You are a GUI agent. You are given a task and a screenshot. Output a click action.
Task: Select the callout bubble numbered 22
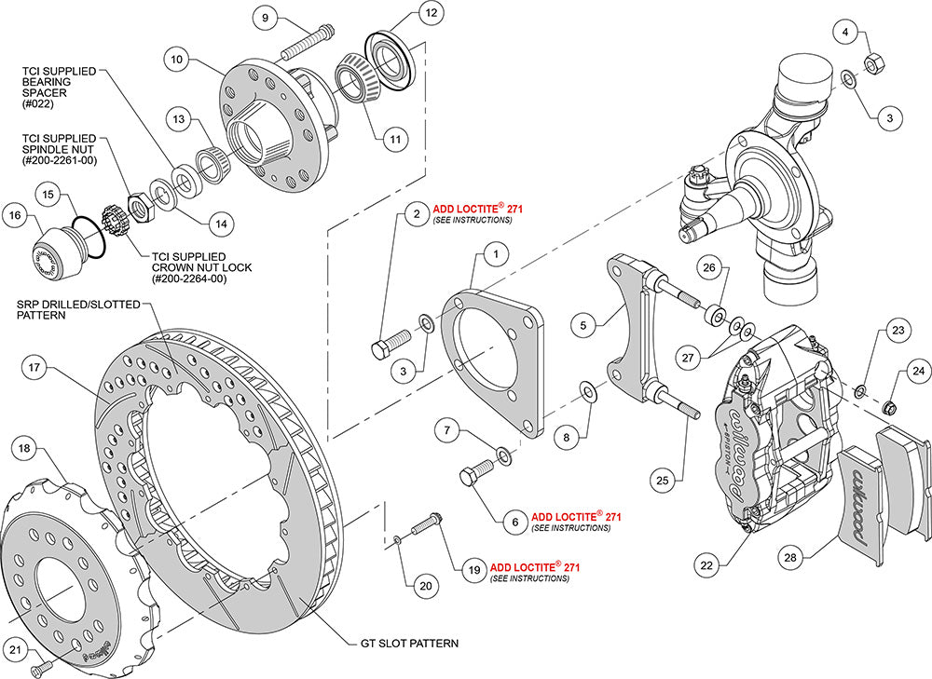coord(706,564)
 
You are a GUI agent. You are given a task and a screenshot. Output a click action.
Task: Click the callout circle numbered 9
coord(264,18)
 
